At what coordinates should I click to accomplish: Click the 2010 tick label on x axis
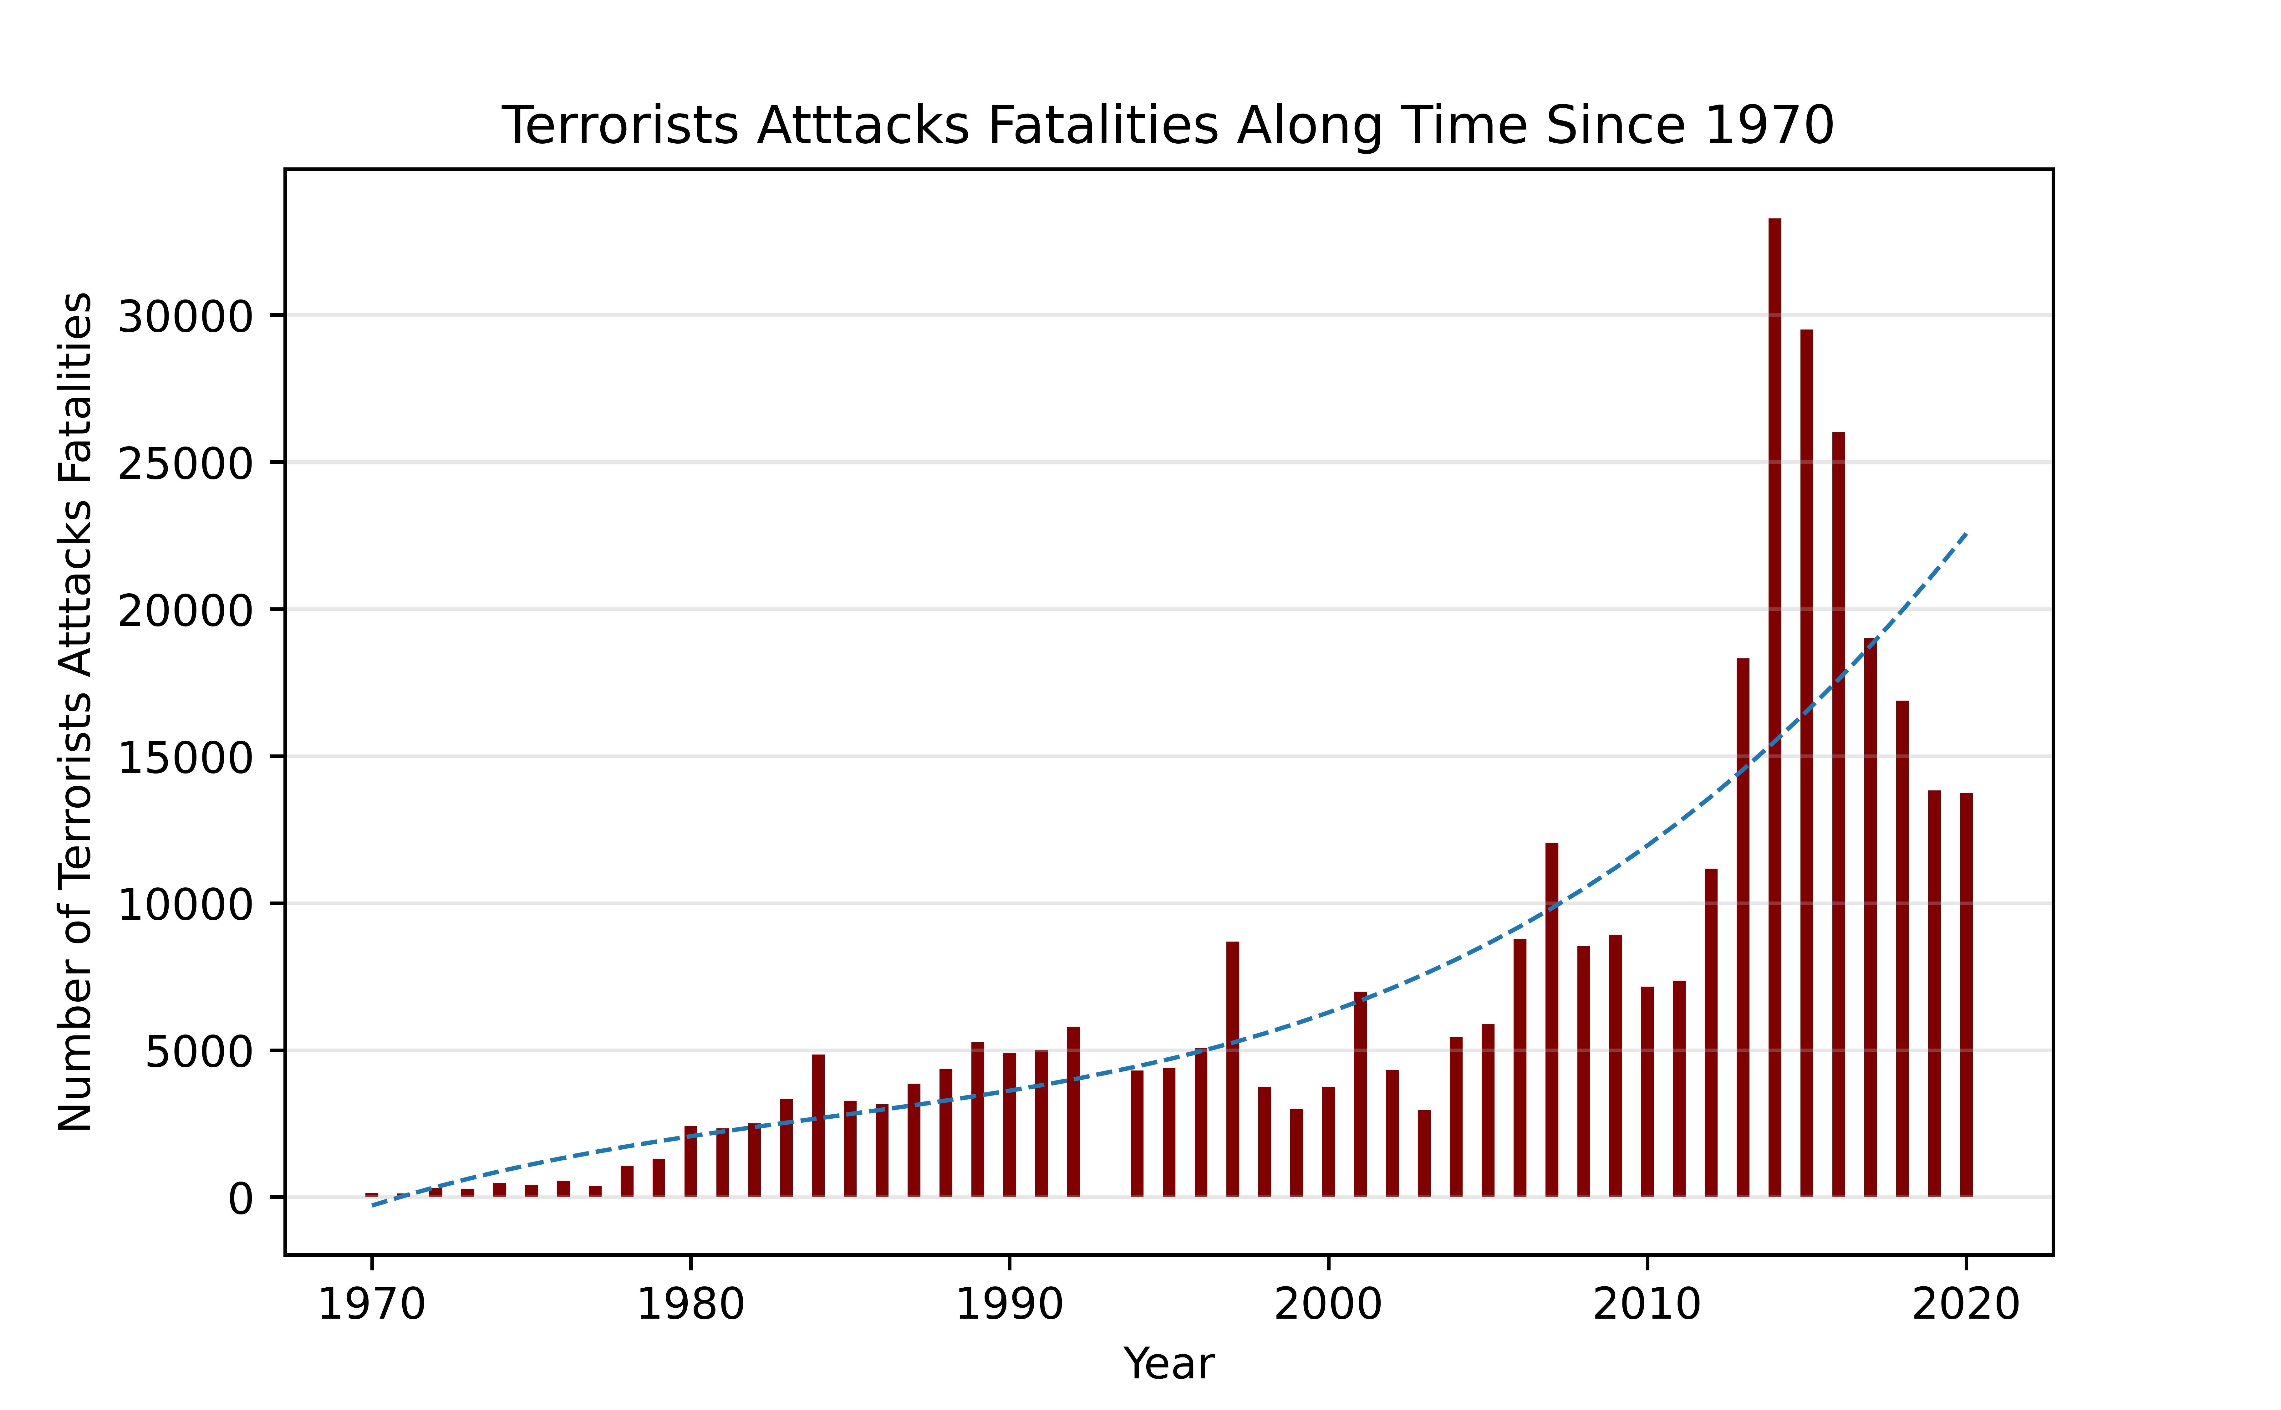click(1647, 1304)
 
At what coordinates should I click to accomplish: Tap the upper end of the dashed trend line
click(1966, 534)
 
